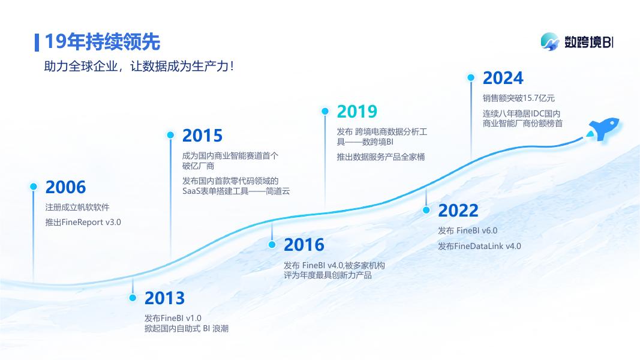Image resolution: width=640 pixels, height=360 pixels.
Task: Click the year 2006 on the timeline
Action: pos(65,187)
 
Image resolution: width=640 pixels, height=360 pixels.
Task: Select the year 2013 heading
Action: pos(164,298)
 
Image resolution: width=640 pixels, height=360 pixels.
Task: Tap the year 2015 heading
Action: pos(202,136)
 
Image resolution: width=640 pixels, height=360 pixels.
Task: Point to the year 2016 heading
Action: pos(304,245)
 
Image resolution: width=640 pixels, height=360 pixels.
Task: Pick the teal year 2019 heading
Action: pos(357,112)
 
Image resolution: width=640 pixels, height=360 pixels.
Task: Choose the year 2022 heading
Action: pos(458,211)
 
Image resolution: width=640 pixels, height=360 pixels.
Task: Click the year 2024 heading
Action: pos(503,78)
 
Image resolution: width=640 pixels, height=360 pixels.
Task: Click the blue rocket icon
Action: pos(603,128)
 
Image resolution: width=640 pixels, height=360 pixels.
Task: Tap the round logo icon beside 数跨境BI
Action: pos(550,41)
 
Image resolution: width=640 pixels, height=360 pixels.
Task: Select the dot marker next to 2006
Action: pos(34,187)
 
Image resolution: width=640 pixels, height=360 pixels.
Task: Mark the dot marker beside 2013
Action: pos(133,298)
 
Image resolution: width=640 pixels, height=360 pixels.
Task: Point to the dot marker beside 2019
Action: pos(325,111)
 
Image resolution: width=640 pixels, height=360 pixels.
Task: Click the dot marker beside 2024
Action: pos(471,77)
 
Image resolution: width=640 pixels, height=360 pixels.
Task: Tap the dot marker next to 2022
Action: pos(426,210)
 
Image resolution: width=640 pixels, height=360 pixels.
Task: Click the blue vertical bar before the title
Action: pos(37,43)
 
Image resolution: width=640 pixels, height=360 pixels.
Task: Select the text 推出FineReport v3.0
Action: pos(83,223)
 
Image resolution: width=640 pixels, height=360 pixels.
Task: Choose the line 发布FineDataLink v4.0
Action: pos(479,246)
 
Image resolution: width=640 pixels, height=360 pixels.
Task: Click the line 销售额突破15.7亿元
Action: pos(518,98)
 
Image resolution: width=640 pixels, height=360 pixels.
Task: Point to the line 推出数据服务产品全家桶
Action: pos(380,157)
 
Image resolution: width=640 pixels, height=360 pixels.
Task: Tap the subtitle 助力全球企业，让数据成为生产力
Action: pos(139,67)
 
